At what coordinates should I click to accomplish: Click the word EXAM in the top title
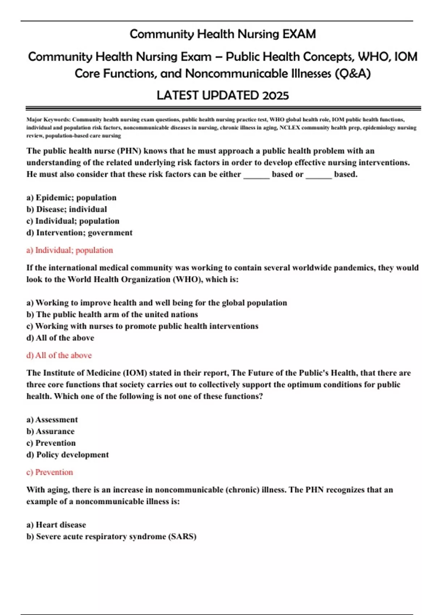click(299, 34)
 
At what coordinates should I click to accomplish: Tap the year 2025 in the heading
click(275, 96)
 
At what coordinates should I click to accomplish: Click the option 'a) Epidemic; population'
click(71, 198)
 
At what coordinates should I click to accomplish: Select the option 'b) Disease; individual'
click(67, 209)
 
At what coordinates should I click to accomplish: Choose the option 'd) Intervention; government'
click(79, 233)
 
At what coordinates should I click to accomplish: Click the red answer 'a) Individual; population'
click(69, 250)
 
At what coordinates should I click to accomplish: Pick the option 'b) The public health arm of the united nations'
click(112, 314)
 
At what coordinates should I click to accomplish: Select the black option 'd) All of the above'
click(60, 338)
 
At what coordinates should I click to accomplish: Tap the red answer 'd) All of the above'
click(59, 356)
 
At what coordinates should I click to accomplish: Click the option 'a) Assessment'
click(52, 420)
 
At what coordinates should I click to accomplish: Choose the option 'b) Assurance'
click(50, 431)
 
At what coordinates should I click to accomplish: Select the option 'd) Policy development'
click(67, 455)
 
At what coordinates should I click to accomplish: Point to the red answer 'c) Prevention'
click(50, 472)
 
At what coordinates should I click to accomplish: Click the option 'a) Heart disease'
click(56, 525)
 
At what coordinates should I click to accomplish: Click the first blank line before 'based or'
click(256, 175)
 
